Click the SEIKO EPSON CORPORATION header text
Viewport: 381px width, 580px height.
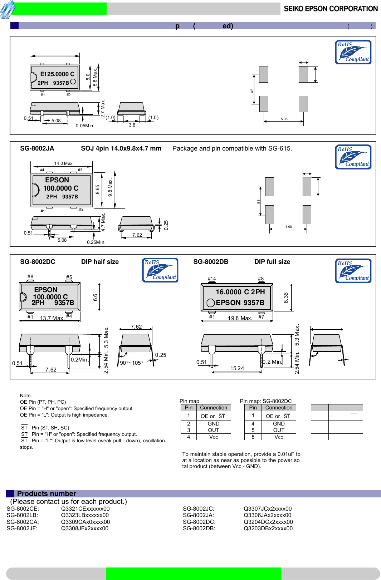coord(331,9)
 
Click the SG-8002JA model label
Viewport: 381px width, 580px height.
coord(37,148)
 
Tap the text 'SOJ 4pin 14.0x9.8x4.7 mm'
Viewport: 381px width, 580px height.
coord(121,148)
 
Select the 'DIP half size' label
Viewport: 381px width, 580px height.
coord(100,262)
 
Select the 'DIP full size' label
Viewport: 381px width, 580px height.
coord(272,262)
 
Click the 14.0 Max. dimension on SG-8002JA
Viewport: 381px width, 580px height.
coord(64,163)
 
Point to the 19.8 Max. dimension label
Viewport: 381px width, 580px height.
coord(240,318)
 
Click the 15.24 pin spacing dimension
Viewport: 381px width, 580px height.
coord(237,368)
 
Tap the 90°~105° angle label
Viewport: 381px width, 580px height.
coord(131,363)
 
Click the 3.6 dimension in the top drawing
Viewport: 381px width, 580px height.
coord(132,125)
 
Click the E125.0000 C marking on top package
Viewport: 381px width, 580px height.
coord(57,74)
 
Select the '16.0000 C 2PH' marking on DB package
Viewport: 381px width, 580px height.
coord(240,292)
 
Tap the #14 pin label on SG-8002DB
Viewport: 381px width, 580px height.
coord(212,279)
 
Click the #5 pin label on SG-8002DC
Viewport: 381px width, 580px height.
coord(69,277)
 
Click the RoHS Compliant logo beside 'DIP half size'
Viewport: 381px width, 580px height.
coord(160,270)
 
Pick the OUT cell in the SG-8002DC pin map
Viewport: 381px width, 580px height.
coord(279,430)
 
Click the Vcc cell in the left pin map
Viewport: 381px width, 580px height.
coord(214,437)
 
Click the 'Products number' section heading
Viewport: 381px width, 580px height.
coord(47,493)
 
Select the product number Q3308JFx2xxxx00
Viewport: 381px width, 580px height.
coord(85,528)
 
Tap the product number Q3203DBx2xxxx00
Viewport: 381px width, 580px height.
coord(268,528)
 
